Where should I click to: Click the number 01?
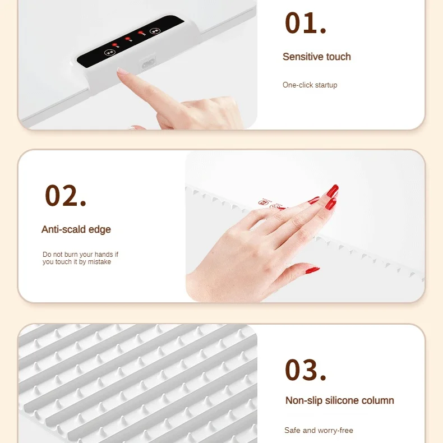306,23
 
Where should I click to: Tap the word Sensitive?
303,57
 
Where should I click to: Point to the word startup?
326,85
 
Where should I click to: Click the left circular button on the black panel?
109,52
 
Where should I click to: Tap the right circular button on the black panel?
155,31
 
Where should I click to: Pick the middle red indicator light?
127,39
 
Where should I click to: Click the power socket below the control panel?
149,64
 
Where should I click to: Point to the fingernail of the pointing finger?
123,71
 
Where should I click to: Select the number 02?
66,196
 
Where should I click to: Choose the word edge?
100,230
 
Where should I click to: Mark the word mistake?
99,262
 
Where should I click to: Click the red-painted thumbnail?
312,270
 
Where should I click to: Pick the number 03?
306,370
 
